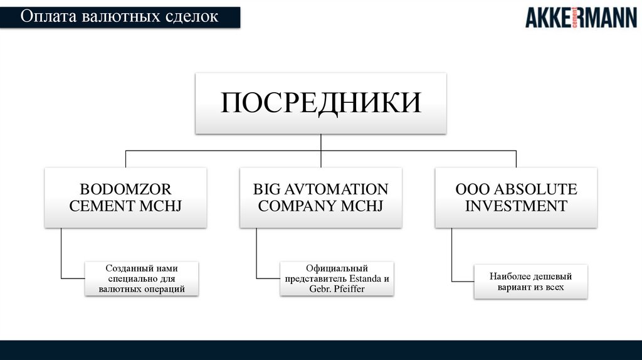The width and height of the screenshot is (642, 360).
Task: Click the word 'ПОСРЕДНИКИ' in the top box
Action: (320, 103)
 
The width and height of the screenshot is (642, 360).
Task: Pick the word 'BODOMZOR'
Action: (125, 189)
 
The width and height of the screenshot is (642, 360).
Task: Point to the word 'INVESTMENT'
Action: (516, 206)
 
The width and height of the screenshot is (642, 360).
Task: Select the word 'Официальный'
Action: (337, 268)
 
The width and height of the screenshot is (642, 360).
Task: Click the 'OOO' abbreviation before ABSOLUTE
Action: (468, 189)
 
